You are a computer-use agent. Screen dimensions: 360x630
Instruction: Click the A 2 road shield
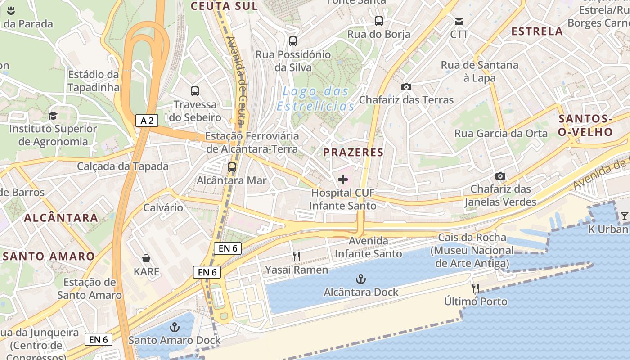[x=147, y=120]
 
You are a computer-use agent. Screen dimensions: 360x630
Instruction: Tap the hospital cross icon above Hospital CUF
[x=343, y=180]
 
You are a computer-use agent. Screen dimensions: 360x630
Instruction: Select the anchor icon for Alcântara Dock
[x=360, y=279]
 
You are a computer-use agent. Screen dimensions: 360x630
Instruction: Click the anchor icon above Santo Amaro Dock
[x=174, y=327]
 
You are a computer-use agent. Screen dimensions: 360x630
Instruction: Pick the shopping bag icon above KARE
[x=146, y=258]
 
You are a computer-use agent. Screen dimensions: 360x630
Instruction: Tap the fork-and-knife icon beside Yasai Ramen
[x=296, y=256]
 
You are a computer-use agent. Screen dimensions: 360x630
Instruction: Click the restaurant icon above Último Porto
[x=475, y=288]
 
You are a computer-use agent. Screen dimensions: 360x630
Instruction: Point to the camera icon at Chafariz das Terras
[x=406, y=87]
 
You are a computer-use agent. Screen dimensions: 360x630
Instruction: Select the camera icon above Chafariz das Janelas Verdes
[x=500, y=176]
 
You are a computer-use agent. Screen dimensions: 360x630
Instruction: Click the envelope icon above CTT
[x=459, y=21]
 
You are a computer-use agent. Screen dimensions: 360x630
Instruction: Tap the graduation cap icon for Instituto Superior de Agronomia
[x=53, y=116]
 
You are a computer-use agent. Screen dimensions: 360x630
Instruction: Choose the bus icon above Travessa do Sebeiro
[x=195, y=91]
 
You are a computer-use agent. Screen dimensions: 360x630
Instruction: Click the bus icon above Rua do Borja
[x=379, y=21]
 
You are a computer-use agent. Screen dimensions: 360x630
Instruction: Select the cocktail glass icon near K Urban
[x=624, y=216]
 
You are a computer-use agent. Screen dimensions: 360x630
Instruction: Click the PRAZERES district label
[x=353, y=152]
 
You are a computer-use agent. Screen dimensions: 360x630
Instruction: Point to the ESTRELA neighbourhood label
[x=537, y=31]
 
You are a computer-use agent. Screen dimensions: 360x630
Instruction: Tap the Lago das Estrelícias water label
[x=315, y=99]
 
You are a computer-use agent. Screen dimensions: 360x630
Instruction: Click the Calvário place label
[x=163, y=207]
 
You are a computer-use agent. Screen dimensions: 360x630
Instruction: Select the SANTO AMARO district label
[x=49, y=256]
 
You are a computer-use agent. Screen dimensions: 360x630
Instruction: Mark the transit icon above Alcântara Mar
[x=232, y=167]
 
